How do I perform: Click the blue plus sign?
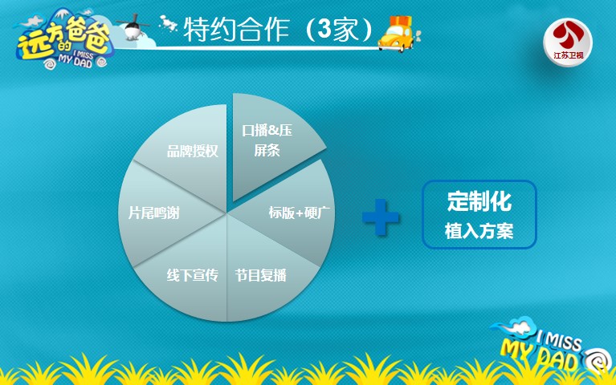[381, 217]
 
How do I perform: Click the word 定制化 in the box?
[479, 202]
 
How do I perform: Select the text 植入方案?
[479, 231]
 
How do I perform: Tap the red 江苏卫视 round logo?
[568, 43]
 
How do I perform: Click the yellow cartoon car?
[398, 38]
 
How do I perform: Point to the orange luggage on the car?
[401, 22]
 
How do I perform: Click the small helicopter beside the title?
[133, 27]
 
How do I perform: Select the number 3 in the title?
[325, 29]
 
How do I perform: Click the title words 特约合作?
[236, 30]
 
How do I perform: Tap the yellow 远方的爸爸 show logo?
[63, 39]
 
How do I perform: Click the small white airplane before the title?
[168, 24]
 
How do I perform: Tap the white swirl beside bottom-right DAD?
[598, 359]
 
